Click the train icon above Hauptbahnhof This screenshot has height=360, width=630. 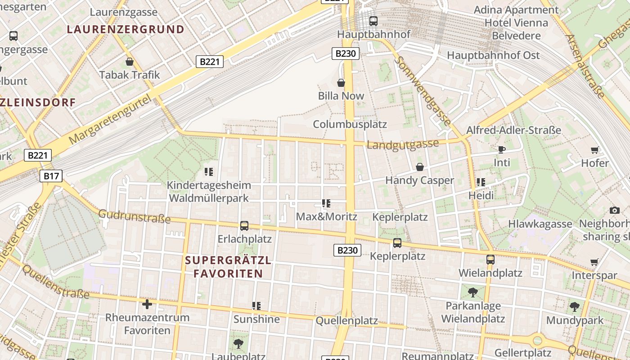[373, 21]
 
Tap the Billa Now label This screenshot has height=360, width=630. [341, 96]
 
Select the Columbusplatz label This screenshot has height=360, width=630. [350, 124]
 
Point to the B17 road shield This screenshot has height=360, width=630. [51, 176]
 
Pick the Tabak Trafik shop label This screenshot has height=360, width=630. [130, 75]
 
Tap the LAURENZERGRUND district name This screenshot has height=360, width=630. [126, 30]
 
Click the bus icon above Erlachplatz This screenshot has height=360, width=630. [244, 226]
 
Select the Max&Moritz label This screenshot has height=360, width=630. [326, 216]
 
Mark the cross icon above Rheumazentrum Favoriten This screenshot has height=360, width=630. [147, 304]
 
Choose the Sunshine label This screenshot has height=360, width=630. [256, 319]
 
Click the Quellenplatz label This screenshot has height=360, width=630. [346, 321]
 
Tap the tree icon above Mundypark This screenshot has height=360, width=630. [575, 307]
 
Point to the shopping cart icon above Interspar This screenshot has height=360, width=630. [594, 262]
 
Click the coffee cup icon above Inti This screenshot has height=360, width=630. [502, 149]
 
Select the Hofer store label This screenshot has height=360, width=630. [595, 163]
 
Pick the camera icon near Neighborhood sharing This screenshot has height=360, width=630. [615, 210]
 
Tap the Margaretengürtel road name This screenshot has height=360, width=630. [111, 121]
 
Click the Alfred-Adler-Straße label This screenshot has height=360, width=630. [513, 130]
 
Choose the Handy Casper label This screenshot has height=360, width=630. [419, 180]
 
